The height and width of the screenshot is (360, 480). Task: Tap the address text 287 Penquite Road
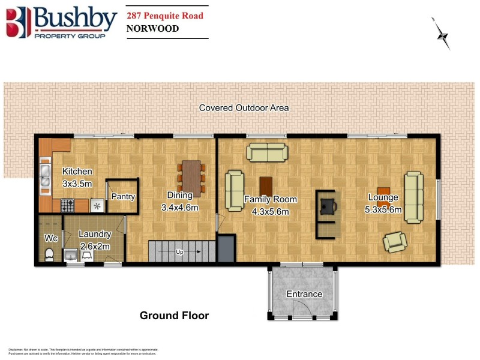click(x=164, y=14)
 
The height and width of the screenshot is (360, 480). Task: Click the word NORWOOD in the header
click(x=153, y=28)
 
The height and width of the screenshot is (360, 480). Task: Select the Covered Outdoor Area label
click(x=244, y=108)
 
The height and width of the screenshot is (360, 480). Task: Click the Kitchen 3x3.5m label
click(x=77, y=178)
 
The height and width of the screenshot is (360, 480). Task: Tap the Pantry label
click(x=123, y=196)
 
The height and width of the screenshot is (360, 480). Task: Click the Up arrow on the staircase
click(x=180, y=252)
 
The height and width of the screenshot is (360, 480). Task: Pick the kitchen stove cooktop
click(x=67, y=205)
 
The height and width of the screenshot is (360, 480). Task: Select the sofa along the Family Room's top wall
click(x=266, y=152)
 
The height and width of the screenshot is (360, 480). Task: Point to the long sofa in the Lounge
click(x=413, y=197)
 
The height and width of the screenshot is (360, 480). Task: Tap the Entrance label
click(x=304, y=294)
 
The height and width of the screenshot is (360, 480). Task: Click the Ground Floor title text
click(x=174, y=315)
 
